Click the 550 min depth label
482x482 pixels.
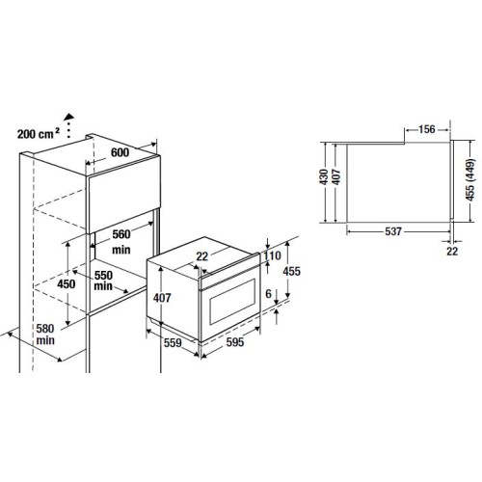click(104, 281)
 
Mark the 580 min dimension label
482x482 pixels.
click(44, 335)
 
